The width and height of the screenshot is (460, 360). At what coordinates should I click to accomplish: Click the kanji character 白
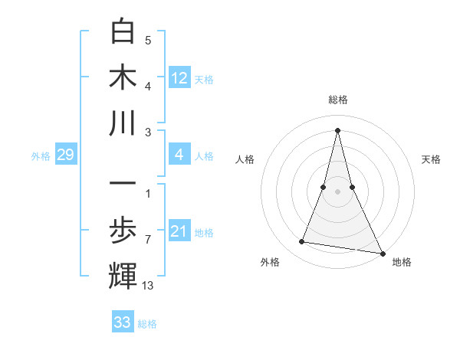coord(123,32)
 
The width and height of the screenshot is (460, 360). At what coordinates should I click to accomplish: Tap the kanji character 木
coord(123,77)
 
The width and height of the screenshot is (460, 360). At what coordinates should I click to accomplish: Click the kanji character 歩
coord(123,231)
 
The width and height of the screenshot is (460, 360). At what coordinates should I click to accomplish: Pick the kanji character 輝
coord(123,277)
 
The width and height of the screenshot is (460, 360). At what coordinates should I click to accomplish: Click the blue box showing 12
coord(179,77)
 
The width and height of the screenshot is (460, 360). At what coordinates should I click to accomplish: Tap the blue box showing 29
coord(65,155)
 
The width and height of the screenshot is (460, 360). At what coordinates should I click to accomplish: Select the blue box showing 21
coord(179,231)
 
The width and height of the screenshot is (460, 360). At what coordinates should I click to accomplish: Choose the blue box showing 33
coord(123,322)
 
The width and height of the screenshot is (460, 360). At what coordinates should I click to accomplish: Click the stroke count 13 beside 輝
coord(149,286)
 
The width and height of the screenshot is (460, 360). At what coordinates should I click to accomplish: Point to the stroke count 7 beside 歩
coord(148,240)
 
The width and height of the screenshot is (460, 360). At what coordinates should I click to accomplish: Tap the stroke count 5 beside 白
coord(148,41)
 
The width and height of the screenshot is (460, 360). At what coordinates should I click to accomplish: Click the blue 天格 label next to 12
coord(204,79)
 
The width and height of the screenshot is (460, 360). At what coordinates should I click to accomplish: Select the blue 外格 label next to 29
coord(41,156)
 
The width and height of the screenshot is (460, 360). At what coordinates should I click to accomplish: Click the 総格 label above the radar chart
coord(337,100)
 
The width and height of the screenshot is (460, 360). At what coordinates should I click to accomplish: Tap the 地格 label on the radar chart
coord(402,262)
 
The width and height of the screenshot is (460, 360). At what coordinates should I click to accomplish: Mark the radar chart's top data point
coord(337,129)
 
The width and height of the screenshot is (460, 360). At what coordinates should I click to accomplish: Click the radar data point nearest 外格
coord(302,242)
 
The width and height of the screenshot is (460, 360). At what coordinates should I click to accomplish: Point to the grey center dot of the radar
coord(337,191)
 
